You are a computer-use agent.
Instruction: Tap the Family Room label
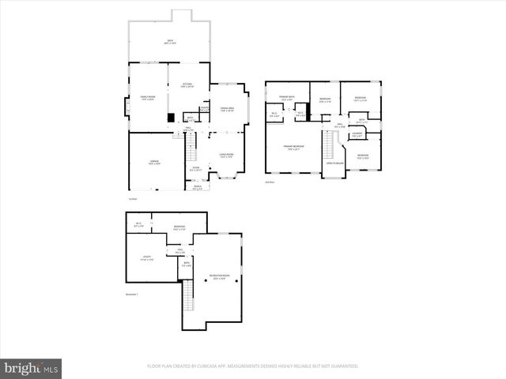tap(148, 99)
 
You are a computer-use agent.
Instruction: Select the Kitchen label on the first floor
tap(187, 85)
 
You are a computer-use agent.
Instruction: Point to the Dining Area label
tap(227, 111)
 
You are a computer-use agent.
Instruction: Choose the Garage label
tap(155, 163)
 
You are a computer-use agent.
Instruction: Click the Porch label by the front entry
tap(198, 188)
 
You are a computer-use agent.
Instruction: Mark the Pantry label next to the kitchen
tap(203, 111)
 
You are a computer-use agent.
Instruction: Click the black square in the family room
tap(170, 118)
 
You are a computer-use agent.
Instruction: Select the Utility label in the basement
tap(148, 257)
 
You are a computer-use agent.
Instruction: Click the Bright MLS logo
tap(32, 367)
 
